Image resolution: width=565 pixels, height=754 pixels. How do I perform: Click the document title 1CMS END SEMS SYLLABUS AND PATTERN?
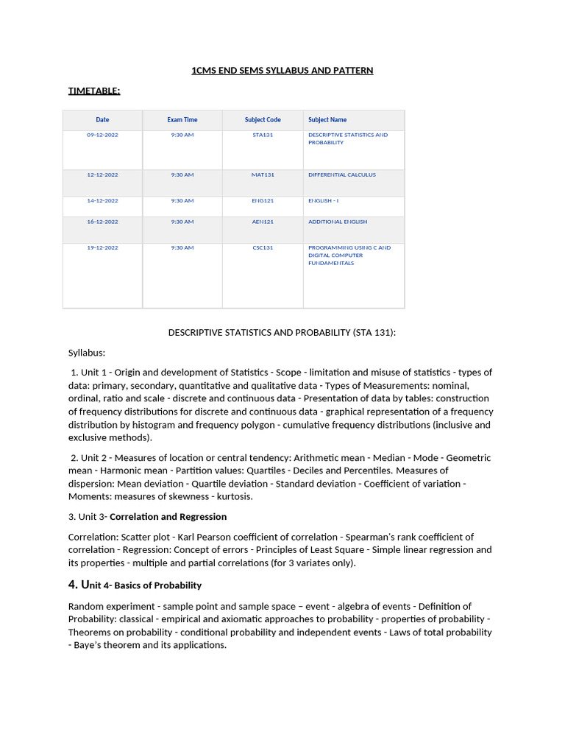click(282, 71)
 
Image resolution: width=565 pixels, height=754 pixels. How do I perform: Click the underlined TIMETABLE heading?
click(94, 91)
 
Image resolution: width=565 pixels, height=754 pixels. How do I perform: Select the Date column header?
click(102, 120)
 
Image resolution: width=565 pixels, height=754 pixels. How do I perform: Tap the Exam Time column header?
click(182, 120)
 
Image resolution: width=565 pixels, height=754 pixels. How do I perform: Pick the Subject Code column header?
click(263, 120)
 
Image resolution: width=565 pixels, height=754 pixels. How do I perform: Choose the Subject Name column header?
click(327, 120)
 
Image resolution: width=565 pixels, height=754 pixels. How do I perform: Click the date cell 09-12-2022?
click(102, 135)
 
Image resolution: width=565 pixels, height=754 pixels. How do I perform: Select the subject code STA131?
click(263, 135)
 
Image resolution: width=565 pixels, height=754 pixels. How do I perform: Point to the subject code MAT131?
click(263, 175)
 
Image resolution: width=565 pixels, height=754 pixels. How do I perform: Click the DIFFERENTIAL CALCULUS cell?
click(342, 175)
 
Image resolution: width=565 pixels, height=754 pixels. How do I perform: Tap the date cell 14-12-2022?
click(102, 201)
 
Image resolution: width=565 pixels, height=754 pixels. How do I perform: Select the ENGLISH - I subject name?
click(324, 201)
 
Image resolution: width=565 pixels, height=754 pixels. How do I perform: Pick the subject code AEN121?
click(263, 222)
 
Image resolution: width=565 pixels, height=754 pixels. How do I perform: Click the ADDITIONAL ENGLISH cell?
click(338, 222)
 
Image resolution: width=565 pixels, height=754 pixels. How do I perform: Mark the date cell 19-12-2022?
click(102, 248)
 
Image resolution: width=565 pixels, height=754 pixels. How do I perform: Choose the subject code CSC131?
click(263, 248)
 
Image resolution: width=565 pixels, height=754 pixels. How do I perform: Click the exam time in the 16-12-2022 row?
click(182, 222)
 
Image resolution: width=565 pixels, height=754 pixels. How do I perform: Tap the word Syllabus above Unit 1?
click(87, 353)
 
